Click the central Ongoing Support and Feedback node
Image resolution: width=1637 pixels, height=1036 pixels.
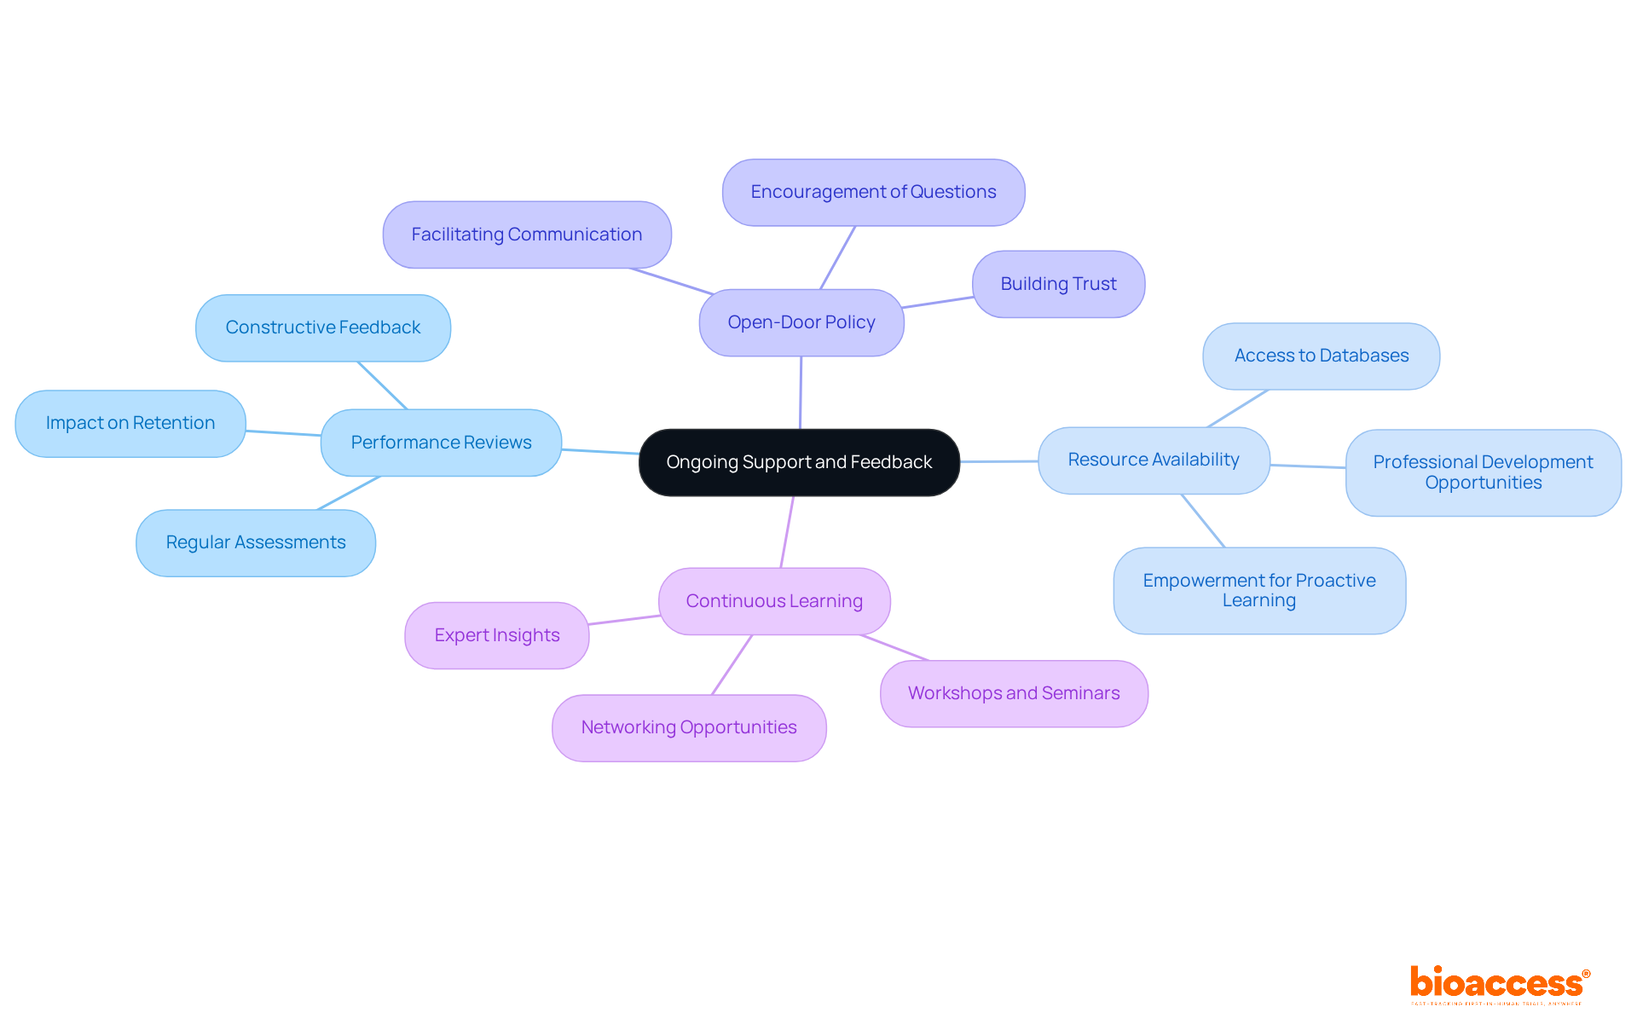(x=799, y=462)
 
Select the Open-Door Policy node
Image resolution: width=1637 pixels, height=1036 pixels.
(x=801, y=322)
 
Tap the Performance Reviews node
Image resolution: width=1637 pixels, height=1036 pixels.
(x=441, y=443)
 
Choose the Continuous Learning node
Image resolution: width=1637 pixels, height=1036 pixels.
(x=774, y=601)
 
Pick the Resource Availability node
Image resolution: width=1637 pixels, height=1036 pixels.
(x=1154, y=460)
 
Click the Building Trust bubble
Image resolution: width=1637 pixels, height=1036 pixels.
(x=1058, y=284)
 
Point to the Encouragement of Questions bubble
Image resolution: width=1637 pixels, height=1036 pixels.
(x=873, y=192)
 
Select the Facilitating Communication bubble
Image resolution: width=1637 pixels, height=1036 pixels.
(x=526, y=234)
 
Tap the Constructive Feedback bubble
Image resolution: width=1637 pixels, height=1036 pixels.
(x=322, y=327)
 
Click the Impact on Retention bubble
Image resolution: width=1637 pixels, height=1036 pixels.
(x=130, y=423)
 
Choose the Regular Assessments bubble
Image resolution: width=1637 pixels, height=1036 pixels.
(x=255, y=542)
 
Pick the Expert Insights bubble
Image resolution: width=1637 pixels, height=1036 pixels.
(x=496, y=635)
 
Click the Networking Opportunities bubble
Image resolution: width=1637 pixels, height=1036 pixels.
(x=688, y=727)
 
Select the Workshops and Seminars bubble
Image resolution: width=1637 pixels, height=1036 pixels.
(x=1014, y=693)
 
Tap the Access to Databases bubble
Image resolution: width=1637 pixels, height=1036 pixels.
(x=1321, y=356)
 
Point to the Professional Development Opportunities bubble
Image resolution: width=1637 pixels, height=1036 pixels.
(x=1483, y=472)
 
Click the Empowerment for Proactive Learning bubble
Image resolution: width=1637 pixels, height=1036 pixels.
(x=1258, y=590)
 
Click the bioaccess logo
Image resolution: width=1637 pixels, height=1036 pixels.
(x=1498, y=984)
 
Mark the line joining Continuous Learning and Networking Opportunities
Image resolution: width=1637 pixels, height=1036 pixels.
(x=732, y=664)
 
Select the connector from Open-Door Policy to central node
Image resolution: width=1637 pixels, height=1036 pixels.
(x=801, y=392)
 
